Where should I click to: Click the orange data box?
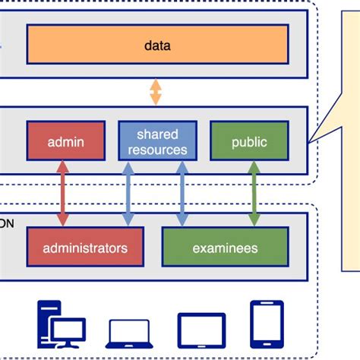[x=157, y=46]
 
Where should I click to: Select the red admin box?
[x=66, y=141]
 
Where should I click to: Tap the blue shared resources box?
[x=157, y=141]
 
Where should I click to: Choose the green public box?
[x=248, y=141]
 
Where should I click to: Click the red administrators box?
[x=85, y=248]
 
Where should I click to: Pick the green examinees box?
[x=225, y=248]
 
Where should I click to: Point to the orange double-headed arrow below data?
[x=156, y=92]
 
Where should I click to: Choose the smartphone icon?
[x=267, y=324]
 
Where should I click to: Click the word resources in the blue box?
[x=157, y=150]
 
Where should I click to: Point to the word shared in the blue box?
[x=157, y=134]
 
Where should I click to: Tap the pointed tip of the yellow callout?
[x=310, y=140]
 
